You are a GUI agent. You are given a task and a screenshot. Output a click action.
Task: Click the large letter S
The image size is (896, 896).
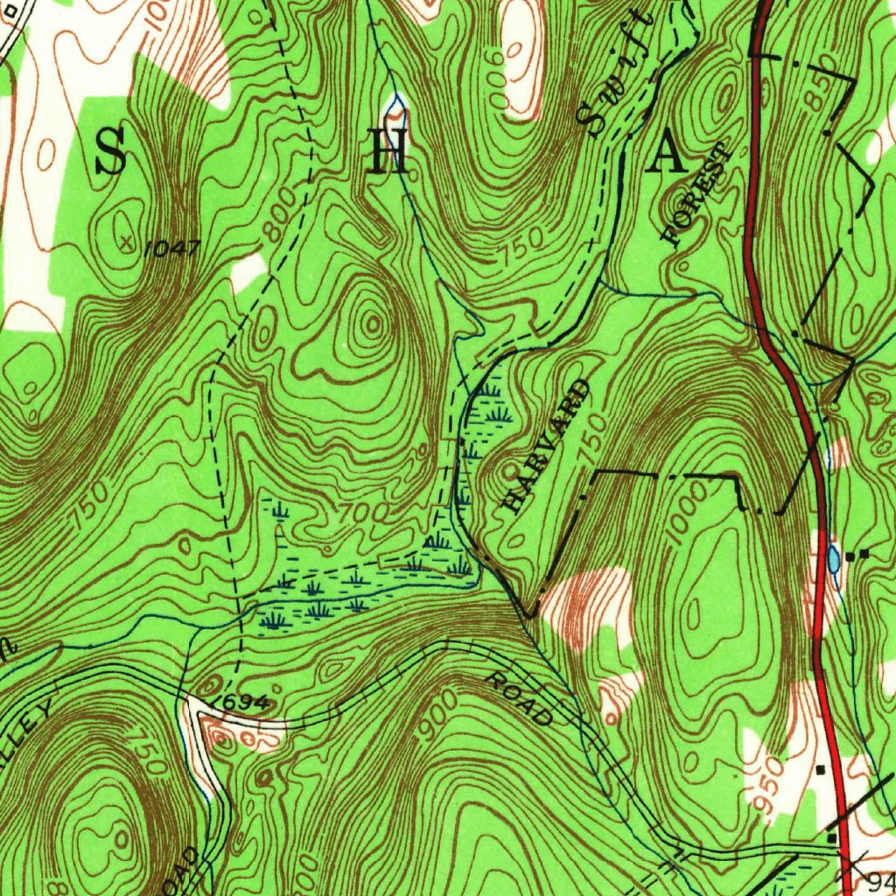(110, 150)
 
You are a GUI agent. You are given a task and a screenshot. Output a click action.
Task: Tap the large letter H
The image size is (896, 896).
(388, 154)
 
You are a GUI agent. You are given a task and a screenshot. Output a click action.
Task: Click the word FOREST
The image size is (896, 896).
(697, 194)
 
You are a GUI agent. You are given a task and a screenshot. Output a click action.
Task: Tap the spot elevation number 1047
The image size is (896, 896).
(172, 249)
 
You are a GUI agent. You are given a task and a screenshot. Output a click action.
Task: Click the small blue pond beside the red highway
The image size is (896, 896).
(833, 556)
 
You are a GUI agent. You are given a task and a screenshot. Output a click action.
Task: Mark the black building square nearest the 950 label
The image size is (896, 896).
(821, 770)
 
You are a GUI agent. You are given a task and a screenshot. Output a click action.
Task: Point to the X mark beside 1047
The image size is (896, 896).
(129, 241)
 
